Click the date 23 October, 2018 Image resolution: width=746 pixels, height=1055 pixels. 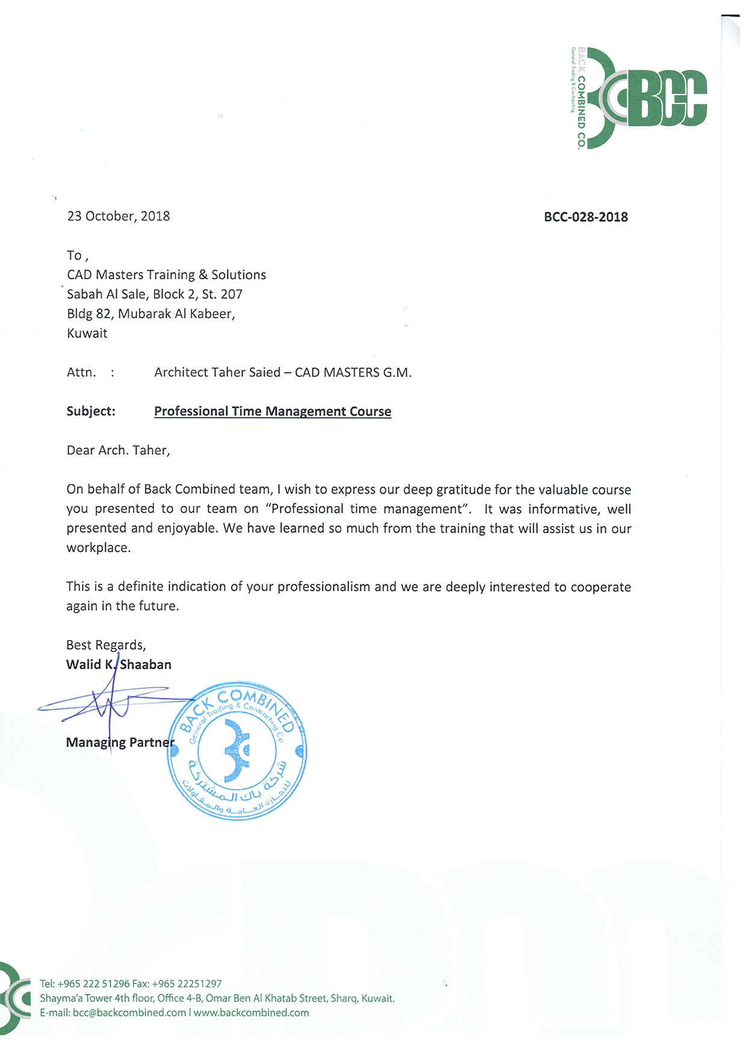pyautogui.click(x=119, y=217)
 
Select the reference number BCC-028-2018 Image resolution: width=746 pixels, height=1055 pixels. pyautogui.click(x=585, y=217)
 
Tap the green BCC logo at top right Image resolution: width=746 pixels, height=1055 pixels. pyautogui.click(x=639, y=98)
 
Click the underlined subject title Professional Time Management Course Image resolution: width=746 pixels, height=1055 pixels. pyautogui.click(x=273, y=411)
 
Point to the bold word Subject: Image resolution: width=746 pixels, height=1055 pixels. pyautogui.click(x=91, y=411)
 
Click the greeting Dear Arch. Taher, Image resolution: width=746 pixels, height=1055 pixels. pyautogui.click(x=119, y=451)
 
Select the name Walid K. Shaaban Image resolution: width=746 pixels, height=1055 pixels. pyautogui.click(x=119, y=665)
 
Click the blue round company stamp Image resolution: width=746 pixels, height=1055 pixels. pyautogui.click(x=237, y=751)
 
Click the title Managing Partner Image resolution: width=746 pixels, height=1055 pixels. pyautogui.click(x=120, y=743)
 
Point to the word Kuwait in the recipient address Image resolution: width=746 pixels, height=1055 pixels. pyautogui.click(x=87, y=333)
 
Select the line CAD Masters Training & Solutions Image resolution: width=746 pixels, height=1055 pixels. pyautogui.click(x=167, y=275)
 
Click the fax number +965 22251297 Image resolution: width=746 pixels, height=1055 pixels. pyautogui.click(x=186, y=984)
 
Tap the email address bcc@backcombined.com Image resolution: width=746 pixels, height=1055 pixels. pyautogui.click(x=129, y=1013)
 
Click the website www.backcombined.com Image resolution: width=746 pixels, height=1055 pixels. pyautogui.click(x=251, y=1013)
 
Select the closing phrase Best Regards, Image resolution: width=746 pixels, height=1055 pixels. pyautogui.click(x=106, y=645)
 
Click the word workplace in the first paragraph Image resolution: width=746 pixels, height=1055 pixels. pyautogui.click(x=97, y=548)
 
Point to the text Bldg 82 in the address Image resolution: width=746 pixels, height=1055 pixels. pyautogui.click(x=90, y=314)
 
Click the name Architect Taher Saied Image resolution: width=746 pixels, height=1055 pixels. pyautogui.click(x=217, y=373)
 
